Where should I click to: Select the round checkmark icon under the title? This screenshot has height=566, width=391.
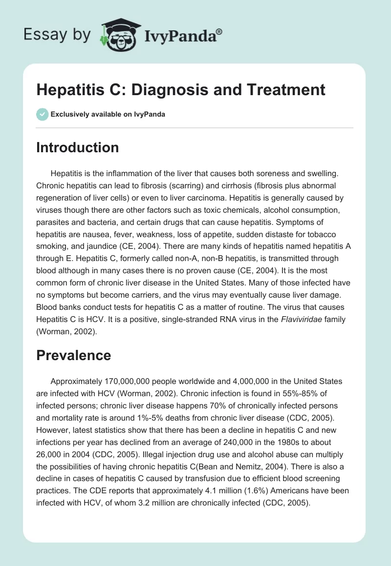coord(43,114)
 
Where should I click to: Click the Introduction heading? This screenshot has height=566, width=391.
coord(77,147)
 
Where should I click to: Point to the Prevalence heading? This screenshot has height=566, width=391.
coord(73,355)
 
